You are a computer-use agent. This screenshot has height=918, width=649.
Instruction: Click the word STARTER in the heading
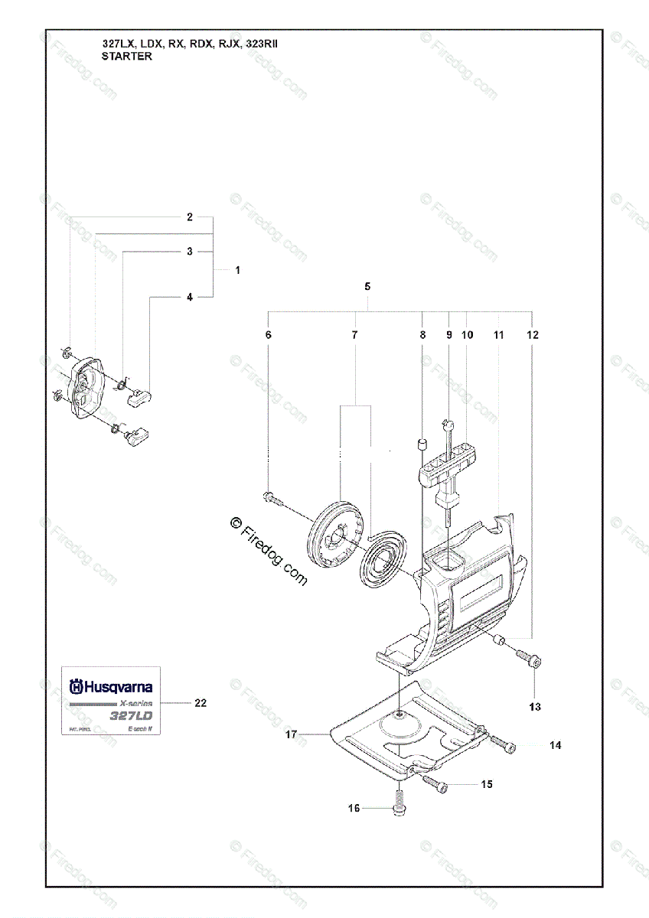126,56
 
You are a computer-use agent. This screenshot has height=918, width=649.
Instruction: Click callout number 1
237,270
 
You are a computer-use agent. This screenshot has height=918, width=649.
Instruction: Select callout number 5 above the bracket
367,286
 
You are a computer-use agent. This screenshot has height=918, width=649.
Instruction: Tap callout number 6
268,335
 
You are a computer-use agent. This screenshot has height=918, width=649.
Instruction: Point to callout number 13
535,706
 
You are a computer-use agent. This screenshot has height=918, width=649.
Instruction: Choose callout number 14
556,745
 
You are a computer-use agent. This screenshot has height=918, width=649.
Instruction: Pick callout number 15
487,784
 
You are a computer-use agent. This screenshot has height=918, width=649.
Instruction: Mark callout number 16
354,808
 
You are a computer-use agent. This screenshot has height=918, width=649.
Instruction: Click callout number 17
291,734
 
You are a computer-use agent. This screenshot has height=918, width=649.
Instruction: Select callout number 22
201,702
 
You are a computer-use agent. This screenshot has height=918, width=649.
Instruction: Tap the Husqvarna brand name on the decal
113,687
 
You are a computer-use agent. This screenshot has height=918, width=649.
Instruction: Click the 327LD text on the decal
131,716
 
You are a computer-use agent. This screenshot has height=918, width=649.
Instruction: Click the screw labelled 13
529,659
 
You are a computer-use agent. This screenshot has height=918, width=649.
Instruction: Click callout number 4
190,297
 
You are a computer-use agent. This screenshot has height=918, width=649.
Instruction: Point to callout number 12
533,335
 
